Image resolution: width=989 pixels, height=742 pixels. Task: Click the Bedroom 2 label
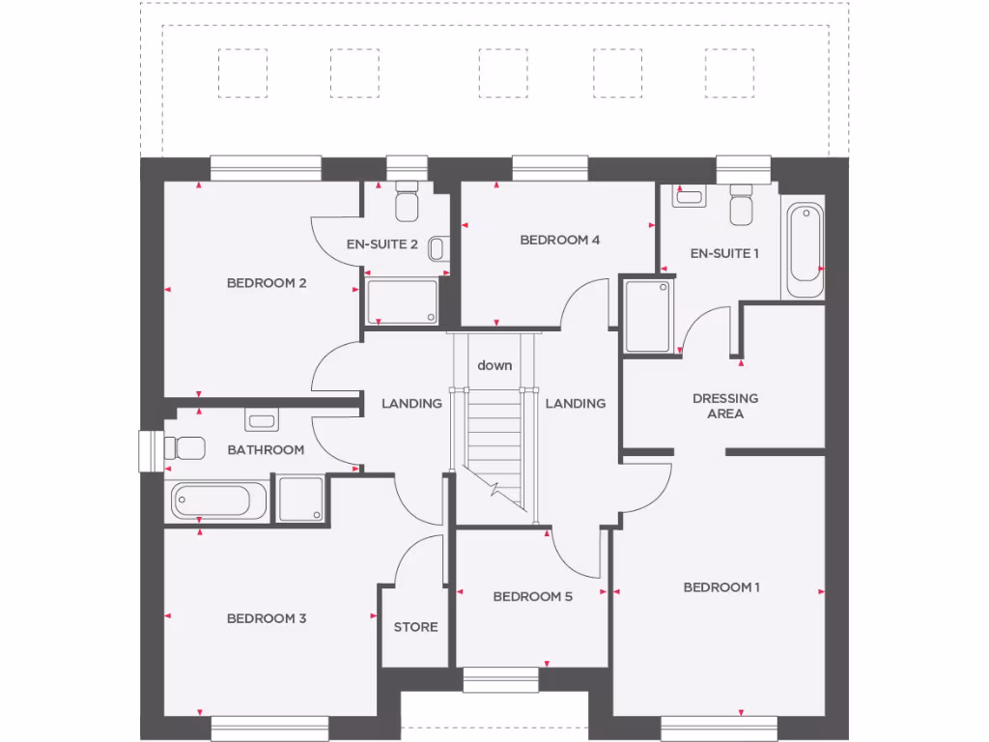[x=267, y=283]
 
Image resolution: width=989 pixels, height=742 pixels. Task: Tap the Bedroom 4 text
[x=560, y=240]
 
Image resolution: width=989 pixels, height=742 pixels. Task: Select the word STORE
[x=415, y=627]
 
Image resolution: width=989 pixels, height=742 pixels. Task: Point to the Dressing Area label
[x=725, y=406]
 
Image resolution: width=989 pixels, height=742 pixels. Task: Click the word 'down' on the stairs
[x=494, y=365]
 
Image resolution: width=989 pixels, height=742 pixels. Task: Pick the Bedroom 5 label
[x=532, y=596]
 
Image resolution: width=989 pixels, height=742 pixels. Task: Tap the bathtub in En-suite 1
[x=804, y=249]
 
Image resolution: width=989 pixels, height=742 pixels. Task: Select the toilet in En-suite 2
[x=406, y=200]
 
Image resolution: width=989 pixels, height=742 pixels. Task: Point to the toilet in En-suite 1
[x=742, y=206]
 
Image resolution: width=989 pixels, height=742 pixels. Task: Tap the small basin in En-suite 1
[x=690, y=196]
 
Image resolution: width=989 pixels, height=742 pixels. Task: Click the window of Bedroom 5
[x=499, y=680]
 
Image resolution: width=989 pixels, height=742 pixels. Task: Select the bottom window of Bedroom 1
[x=719, y=728]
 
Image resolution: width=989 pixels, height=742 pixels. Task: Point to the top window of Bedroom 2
[x=266, y=168]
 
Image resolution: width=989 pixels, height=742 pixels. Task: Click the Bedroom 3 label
[x=267, y=618]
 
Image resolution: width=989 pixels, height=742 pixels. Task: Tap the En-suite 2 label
[x=381, y=244]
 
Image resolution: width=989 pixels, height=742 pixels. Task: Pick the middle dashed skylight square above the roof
[x=503, y=73]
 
